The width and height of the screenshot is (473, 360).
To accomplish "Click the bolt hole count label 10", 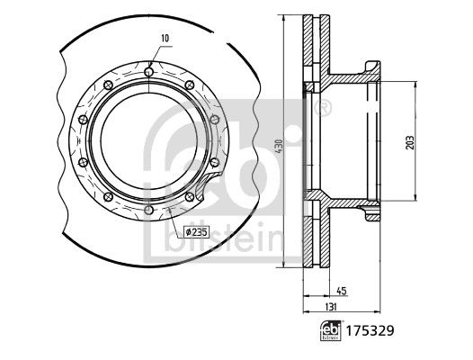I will coord(164,38).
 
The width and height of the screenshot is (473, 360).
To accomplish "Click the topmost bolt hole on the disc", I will coord(147,67).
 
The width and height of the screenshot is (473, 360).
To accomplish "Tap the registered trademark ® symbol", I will coord(325,111).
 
